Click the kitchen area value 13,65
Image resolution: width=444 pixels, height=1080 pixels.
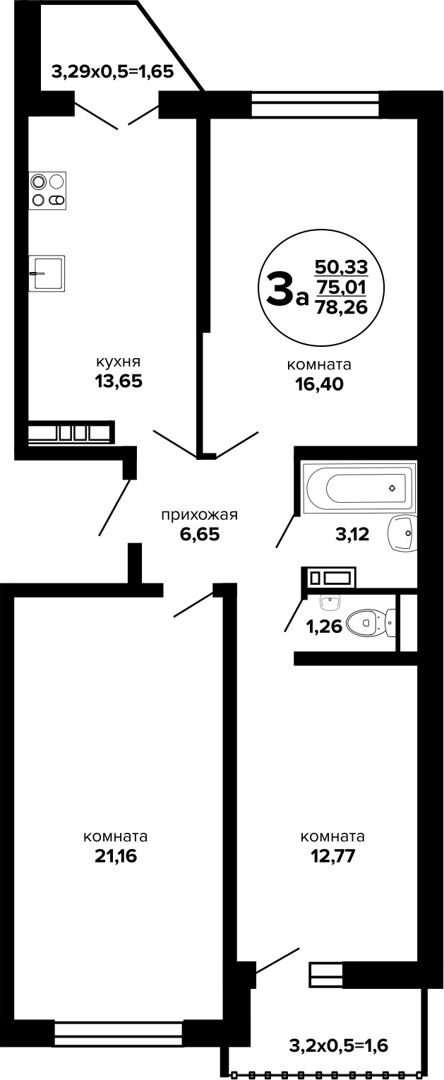click(x=119, y=381)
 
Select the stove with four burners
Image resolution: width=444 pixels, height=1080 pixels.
click(x=48, y=191)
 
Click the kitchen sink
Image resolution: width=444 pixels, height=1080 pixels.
click(x=47, y=273)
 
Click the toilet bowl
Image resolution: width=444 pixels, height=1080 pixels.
click(x=372, y=622)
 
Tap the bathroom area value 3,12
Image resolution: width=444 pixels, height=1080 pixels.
click(x=352, y=534)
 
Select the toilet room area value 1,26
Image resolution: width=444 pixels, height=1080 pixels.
click(x=324, y=627)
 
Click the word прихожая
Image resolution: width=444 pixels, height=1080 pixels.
click(x=200, y=515)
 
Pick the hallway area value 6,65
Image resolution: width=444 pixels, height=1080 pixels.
click(x=200, y=534)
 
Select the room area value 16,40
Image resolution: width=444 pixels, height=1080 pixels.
click(x=320, y=384)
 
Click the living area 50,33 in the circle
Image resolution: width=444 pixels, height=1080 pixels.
click(x=341, y=266)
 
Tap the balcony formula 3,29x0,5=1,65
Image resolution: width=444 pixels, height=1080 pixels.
click(x=112, y=72)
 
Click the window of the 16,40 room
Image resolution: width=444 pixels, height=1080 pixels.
click(x=316, y=104)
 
